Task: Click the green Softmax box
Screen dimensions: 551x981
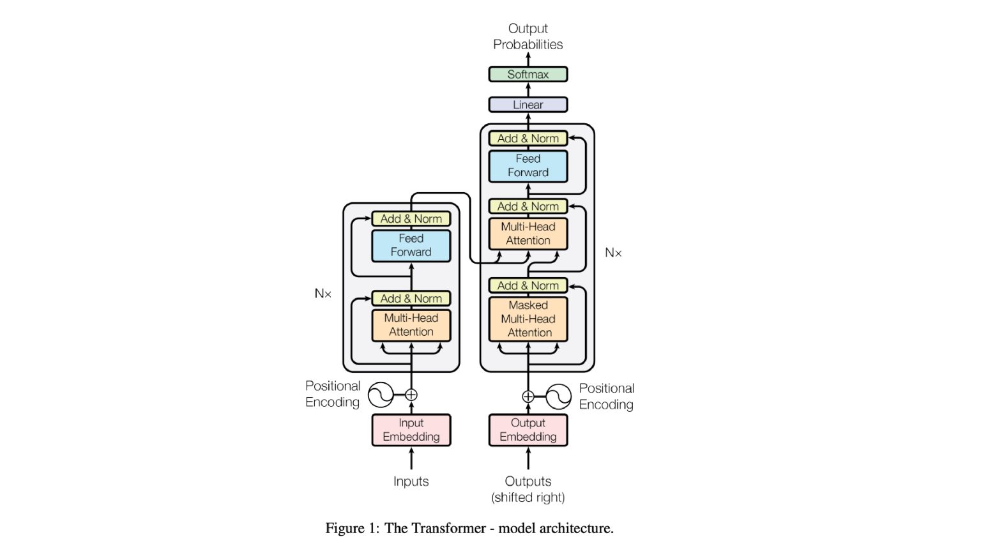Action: click(528, 74)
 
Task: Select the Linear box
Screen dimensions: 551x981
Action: click(528, 105)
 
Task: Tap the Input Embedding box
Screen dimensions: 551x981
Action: click(411, 430)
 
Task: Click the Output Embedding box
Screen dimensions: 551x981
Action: click(528, 430)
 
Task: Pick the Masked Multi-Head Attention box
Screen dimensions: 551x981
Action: click(528, 319)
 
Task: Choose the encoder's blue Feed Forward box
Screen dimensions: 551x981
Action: click(411, 245)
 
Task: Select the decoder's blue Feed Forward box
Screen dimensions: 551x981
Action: click(528, 165)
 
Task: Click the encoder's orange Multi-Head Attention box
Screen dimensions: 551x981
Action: click(411, 325)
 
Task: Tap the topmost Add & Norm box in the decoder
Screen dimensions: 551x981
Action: click(528, 138)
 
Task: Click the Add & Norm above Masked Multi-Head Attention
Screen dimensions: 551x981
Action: click(528, 285)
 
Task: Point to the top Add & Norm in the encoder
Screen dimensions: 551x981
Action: click(411, 218)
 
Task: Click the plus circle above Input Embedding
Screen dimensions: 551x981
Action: click(411, 395)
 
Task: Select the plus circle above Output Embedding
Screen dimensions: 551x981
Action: click(528, 396)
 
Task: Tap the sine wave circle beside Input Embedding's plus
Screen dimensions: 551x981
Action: click(381, 395)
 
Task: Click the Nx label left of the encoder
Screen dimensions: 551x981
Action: click(323, 294)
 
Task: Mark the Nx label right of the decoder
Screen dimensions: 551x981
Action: click(613, 253)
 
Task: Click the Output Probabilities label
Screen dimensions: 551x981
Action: click(528, 36)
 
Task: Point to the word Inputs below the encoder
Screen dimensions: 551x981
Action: click(411, 481)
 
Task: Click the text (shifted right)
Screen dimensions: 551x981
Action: click(528, 497)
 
